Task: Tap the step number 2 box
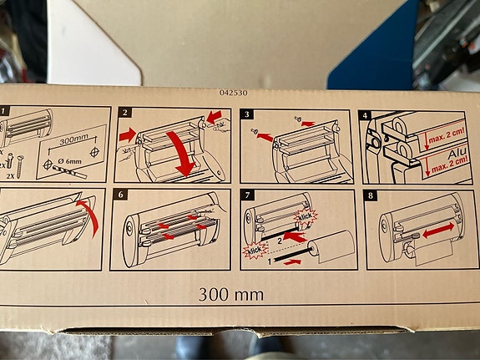(124, 113)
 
